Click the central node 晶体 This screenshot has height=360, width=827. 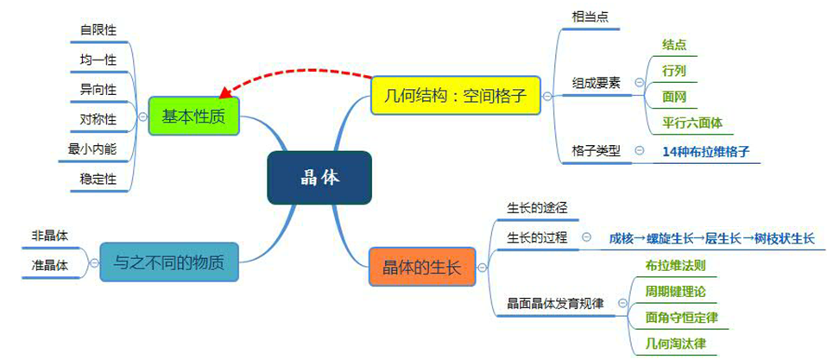[319, 178]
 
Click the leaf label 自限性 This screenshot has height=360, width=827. [98, 30]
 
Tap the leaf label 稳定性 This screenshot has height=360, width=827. [98, 179]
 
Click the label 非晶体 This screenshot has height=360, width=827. [50, 235]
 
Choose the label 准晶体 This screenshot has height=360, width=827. [50, 264]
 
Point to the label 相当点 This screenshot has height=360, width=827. [590, 16]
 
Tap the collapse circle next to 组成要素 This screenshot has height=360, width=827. [640, 82]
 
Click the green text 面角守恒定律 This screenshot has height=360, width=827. [681, 318]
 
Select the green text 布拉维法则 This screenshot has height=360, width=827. [675, 264]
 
